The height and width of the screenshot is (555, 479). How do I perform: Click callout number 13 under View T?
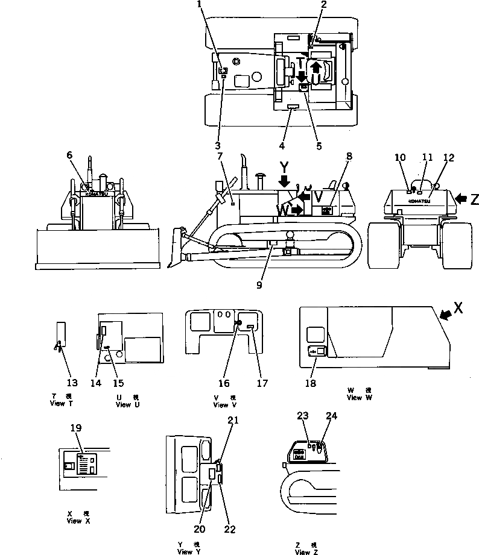click(x=72, y=383)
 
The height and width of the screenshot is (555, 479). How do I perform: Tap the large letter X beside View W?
click(x=458, y=308)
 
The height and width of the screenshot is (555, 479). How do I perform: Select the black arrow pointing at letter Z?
click(x=460, y=198)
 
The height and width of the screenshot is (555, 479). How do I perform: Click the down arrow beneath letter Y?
click(x=284, y=180)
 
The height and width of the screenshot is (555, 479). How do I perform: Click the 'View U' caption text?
click(x=127, y=404)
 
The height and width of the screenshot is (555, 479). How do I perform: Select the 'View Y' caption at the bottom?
click(x=185, y=551)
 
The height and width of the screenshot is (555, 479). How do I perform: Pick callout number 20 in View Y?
click(x=200, y=530)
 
